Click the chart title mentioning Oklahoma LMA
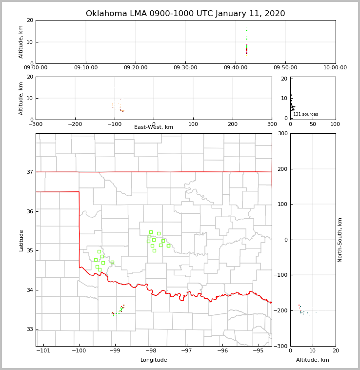185,14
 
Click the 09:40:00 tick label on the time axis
235,68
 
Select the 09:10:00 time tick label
86,68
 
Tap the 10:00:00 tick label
335,68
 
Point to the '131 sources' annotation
305,114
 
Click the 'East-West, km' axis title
154,127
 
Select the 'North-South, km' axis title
340,240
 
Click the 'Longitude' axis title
154,360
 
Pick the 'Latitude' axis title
21,240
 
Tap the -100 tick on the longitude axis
79,350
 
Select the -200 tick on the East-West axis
75,124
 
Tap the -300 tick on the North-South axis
280,346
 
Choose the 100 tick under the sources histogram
336,124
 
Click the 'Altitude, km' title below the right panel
313,360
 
